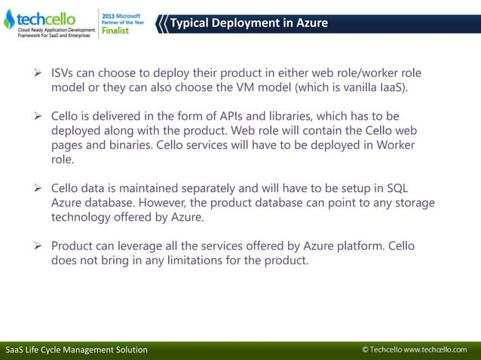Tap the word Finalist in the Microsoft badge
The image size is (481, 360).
tap(115, 31)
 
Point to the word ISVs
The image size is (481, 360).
tap(64, 73)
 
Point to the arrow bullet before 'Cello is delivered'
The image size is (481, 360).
tap(35, 116)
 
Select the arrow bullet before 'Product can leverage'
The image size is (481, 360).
tap(35, 246)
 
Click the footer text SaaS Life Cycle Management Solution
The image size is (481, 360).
tap(76, 350)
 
